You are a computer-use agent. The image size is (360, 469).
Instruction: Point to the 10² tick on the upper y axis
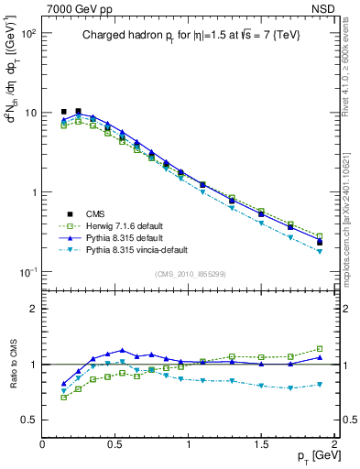tap(28, 33)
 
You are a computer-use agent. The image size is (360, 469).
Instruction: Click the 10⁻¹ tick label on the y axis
tap(27, 272)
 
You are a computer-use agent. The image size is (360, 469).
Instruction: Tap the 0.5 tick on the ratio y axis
tap(30, 420)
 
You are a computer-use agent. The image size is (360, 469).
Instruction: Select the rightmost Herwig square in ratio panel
tap(320, 349)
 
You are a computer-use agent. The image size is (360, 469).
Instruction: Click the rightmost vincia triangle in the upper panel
tap(320, 251)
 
